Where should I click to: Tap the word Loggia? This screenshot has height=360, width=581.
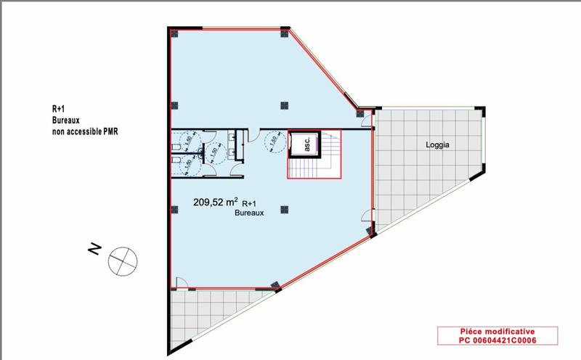tap(439, 145)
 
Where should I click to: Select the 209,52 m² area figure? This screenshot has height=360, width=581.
tap(216, 203)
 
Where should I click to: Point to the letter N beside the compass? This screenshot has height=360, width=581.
tap(94, 248)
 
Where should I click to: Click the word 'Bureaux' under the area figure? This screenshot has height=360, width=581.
tap(248, 215)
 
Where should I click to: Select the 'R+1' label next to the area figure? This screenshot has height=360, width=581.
tap(249, 205)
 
